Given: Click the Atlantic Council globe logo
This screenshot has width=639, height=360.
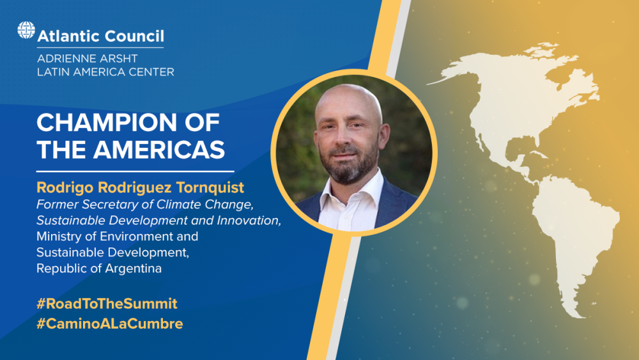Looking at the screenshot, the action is pos(26,30).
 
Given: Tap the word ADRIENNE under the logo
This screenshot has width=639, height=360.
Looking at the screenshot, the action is pos(64,58).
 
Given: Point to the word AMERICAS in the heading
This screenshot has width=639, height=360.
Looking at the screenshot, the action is pos(159,149).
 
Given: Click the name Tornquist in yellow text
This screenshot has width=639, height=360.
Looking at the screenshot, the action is pos(210,187).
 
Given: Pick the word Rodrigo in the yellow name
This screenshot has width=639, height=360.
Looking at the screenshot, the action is pos(65,187).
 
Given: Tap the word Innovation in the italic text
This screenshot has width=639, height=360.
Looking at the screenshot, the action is pos(249,221).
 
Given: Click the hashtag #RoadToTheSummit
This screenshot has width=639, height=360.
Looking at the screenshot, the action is pos(107,304).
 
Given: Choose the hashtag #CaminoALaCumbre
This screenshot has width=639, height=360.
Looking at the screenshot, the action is pos(110,324).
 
